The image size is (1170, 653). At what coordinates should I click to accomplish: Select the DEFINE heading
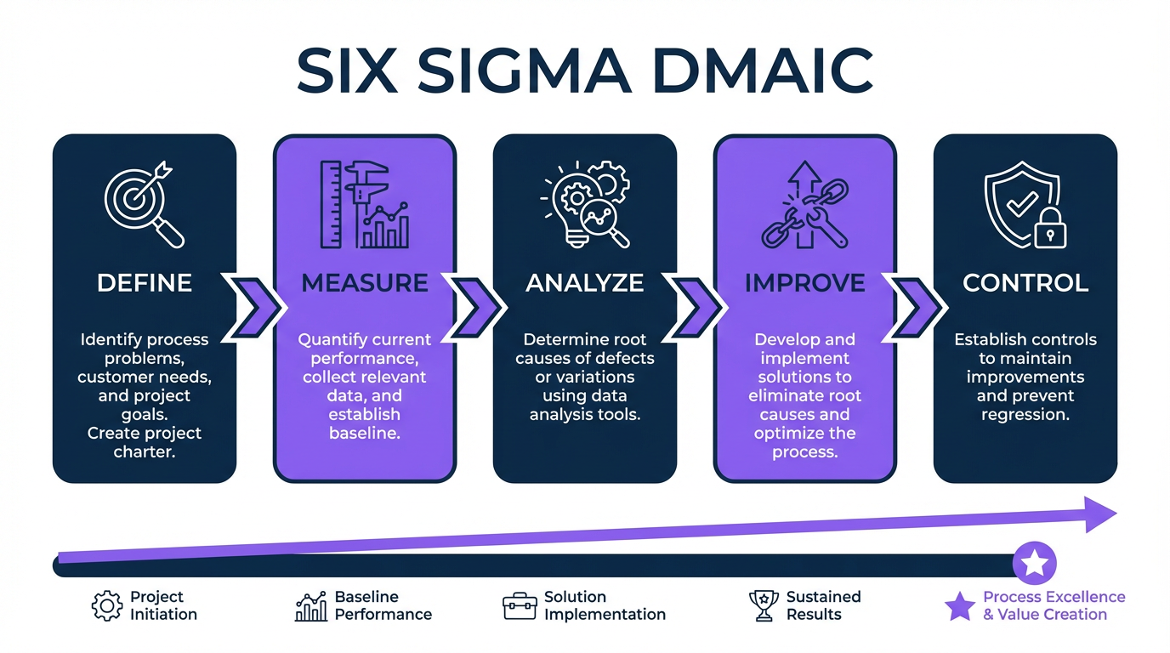[x=145, y=282]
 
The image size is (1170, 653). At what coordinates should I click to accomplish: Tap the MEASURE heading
[x=365, y=282]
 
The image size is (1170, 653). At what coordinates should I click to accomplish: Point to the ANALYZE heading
[x=585, y=282]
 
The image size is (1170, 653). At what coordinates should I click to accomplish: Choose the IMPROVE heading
[x=805, y=282]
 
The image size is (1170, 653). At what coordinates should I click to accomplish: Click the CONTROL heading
[x=1025, y=282]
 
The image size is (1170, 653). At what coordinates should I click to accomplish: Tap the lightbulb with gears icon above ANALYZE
[x=585, y=204]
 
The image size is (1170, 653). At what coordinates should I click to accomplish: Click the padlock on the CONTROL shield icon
[x=1050, y=228]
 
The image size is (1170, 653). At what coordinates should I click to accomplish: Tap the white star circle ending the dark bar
[x=1035, y=563]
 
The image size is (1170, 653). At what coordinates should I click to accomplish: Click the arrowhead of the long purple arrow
[x=1100, y=514]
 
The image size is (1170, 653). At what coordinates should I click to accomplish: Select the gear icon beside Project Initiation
[x=107, y=606]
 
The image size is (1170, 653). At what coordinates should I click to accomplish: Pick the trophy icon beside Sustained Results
[x=764, y=606]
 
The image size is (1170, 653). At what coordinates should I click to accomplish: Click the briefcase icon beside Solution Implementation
[x=520, y=606]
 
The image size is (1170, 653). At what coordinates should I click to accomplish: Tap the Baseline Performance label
[x=383, y=605]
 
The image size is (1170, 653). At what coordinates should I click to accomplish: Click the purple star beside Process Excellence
[x=960, y=606]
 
